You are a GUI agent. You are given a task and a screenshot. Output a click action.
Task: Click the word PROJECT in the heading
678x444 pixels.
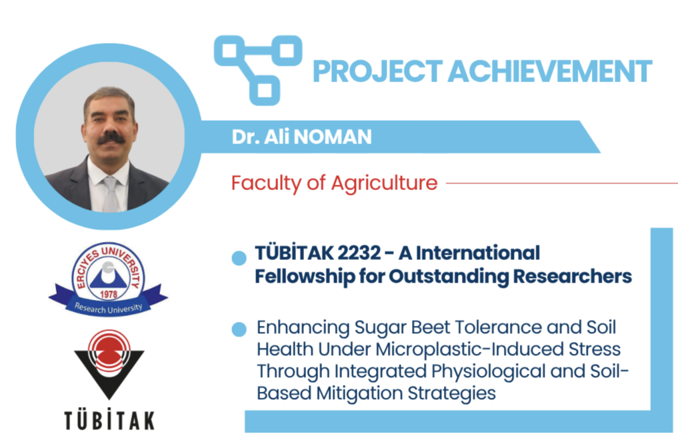coord(377,71)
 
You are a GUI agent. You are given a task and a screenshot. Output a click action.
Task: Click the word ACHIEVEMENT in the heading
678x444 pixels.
coord(550,71)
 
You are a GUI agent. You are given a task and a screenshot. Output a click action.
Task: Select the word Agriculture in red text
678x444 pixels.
coord(385,183)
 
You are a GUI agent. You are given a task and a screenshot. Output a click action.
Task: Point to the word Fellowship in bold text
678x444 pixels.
coord(305,276)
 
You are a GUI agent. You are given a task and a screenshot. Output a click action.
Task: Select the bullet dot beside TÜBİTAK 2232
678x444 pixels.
coord(239,258)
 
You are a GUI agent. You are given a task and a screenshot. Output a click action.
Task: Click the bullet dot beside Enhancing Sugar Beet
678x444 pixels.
coord(239,329)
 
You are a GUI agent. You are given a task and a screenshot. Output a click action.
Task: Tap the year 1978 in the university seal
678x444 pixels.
coord(109,295)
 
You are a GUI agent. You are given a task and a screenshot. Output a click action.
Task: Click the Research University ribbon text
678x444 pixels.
coord(108,309)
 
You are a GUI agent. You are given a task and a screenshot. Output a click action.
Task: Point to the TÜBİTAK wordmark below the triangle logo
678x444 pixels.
coord(109,420)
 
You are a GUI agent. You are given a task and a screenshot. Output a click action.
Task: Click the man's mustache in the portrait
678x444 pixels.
coord(111,139)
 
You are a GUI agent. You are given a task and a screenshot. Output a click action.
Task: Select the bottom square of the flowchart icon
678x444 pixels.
coord(264,91)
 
